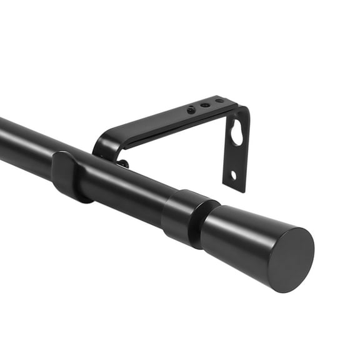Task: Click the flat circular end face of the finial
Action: (x=291, y=259)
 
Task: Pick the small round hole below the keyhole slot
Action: (x=233, y=175)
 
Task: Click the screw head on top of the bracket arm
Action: (x=191, y=110)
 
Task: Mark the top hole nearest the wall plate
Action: (x=219, y=101)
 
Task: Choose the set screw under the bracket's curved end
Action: (x=123, y=164)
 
